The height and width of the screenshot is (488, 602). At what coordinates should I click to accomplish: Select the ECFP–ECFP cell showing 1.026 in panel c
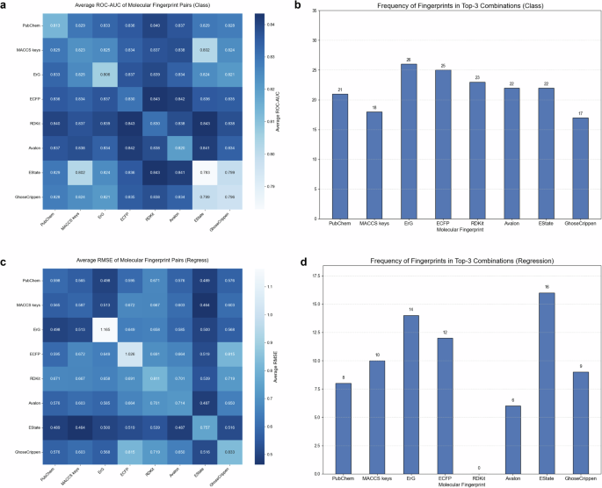coord(130,354)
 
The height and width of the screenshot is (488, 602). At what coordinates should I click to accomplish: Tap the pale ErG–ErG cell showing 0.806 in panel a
coord(105,75)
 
